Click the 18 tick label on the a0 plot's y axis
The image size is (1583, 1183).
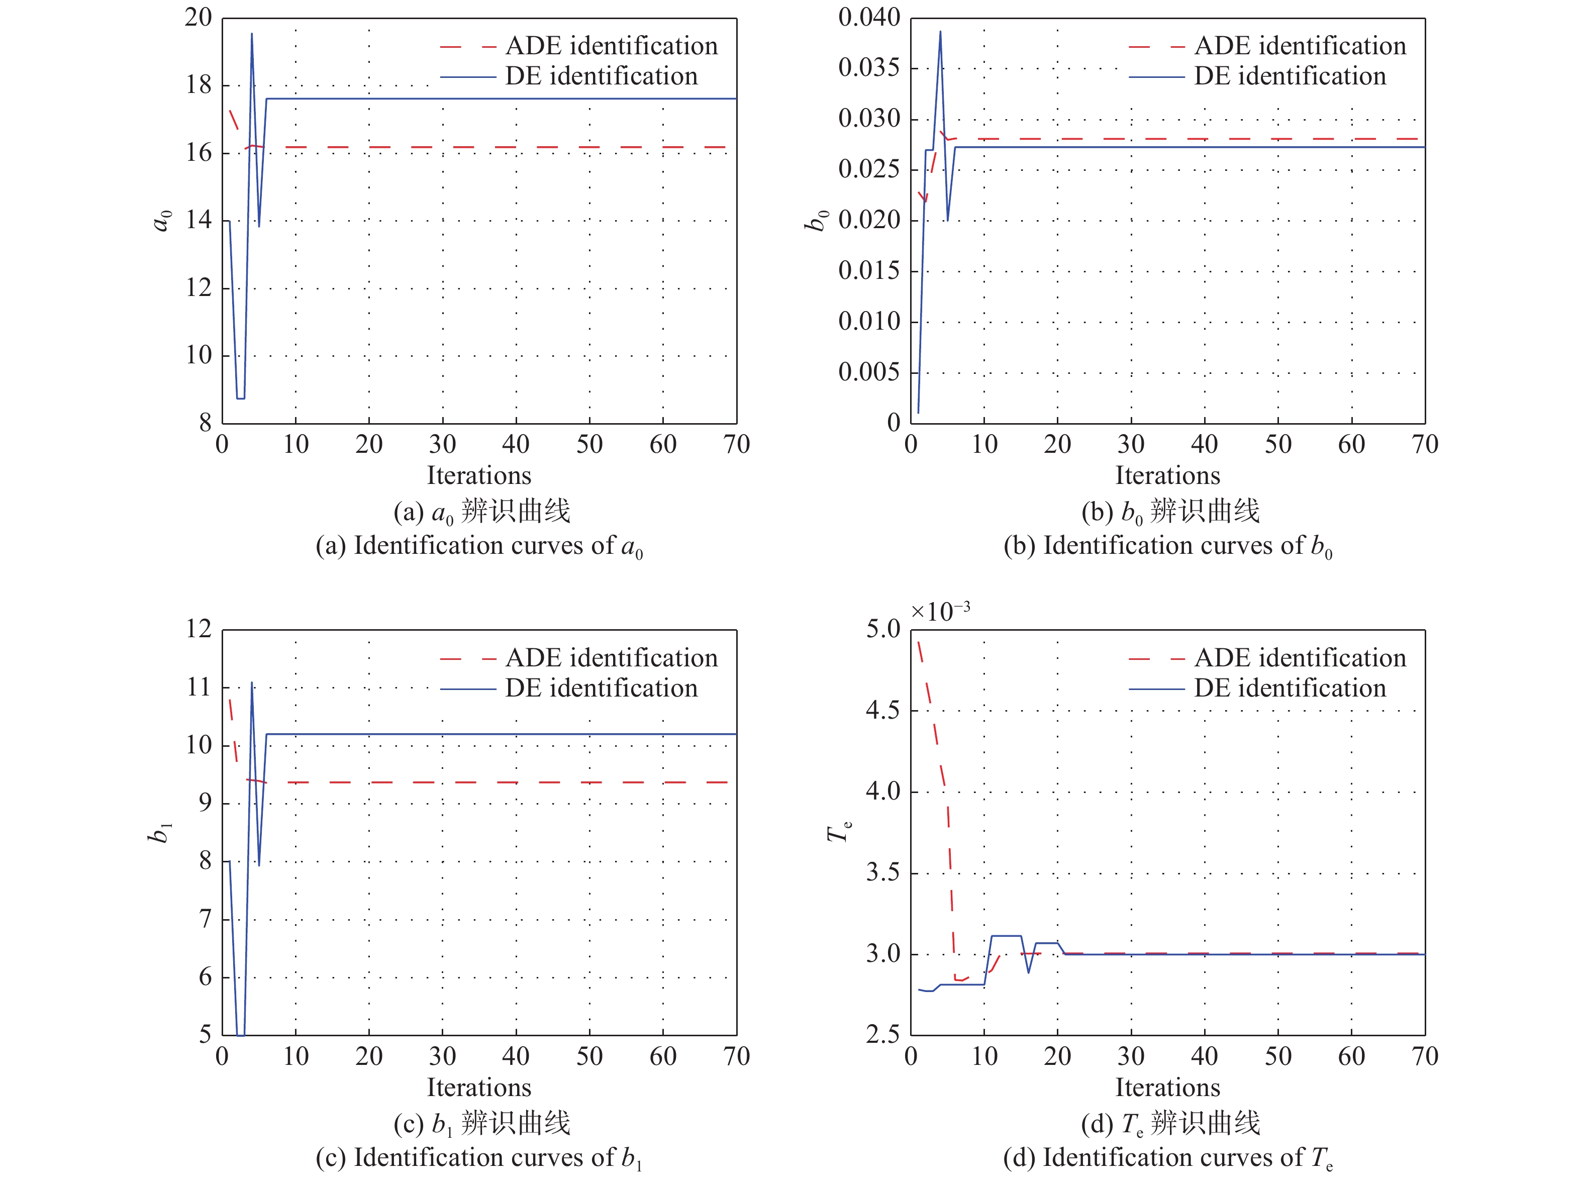(199, 85)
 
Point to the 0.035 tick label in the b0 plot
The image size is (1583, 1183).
(869, 68)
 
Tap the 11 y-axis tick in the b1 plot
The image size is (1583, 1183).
(199, 688)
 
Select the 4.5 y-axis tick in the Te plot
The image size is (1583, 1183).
(882, 711)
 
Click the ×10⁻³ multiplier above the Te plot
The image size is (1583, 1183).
(940, 612)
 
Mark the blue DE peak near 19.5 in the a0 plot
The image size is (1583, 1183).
(252, 34)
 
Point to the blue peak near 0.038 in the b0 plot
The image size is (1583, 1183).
(940, 32)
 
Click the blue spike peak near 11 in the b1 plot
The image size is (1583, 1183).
(252, 683)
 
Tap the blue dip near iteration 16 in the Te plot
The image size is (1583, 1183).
(1028, 972)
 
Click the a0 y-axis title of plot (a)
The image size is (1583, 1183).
(163, 221)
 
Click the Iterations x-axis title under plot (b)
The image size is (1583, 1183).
(1167, 476)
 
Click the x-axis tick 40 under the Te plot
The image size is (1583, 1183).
(1205, 1056)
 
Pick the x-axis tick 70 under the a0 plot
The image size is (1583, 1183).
(736, 444)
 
